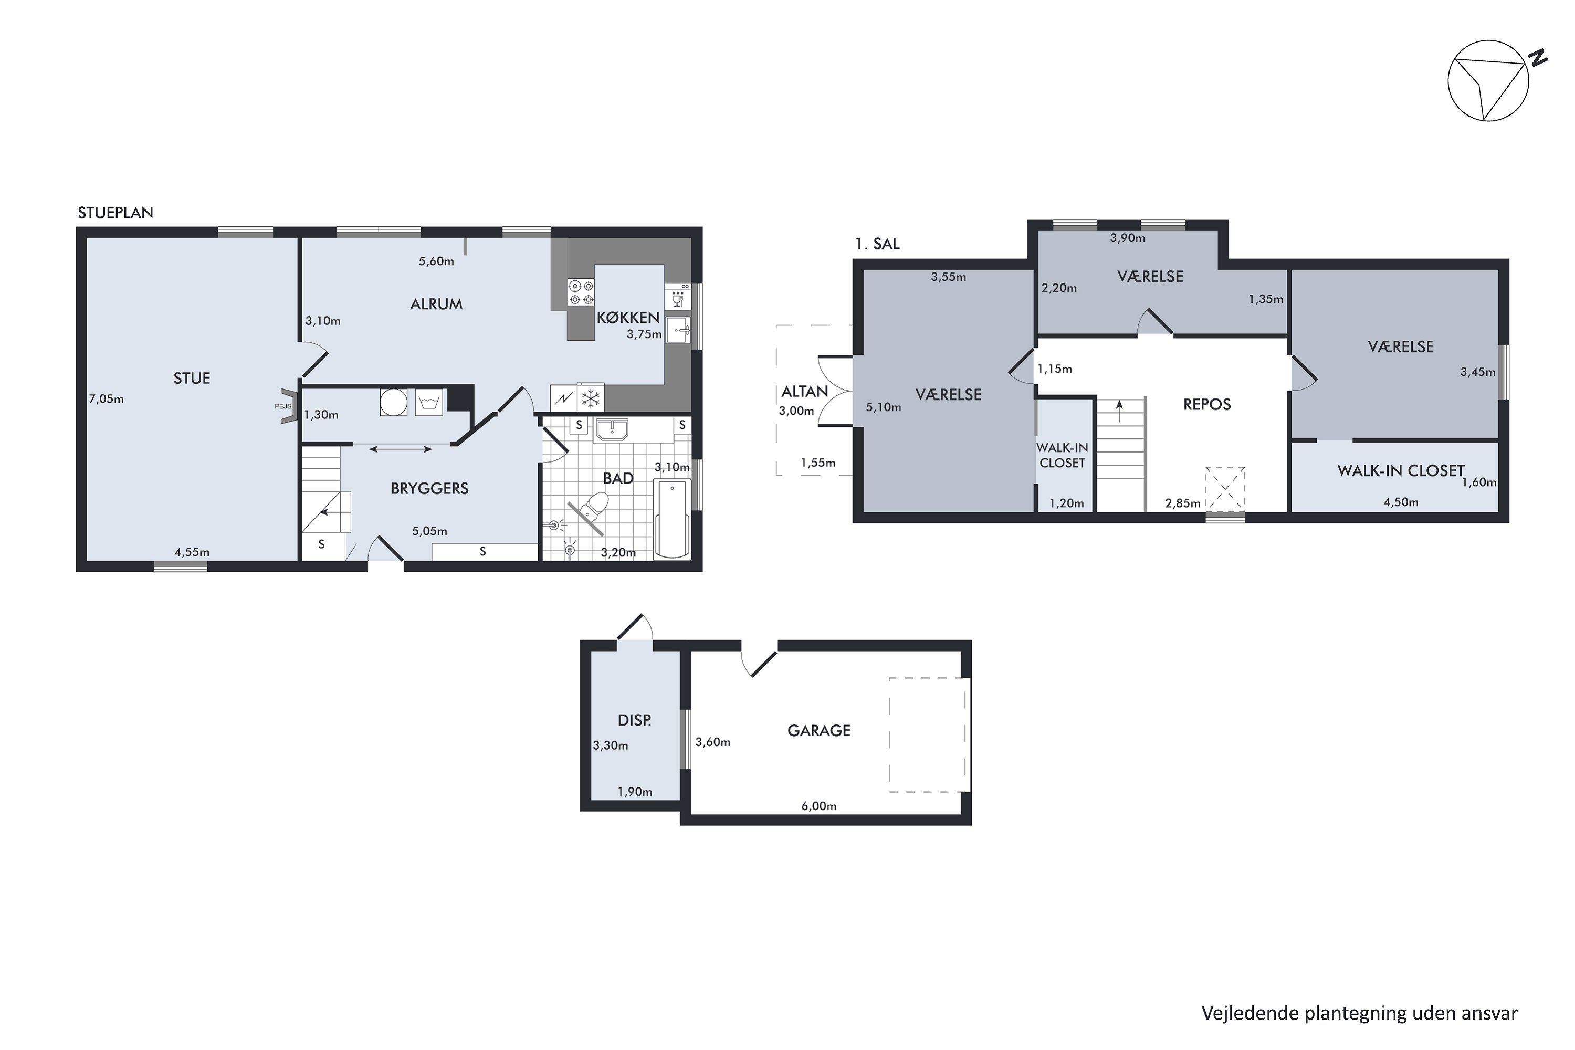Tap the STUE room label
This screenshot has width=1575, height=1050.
[192, 379]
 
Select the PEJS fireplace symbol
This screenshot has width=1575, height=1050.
[288, 406]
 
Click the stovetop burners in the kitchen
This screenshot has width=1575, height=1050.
[581, 292]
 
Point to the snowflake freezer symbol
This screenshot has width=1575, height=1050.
[590, 399]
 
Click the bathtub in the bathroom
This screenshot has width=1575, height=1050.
[671, 518]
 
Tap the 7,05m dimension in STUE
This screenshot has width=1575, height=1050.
[107, 399]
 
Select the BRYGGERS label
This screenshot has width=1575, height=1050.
[429, 488]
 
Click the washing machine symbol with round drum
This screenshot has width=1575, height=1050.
[394, 402]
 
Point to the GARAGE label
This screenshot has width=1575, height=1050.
[818, 731]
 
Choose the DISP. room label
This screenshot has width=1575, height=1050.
[634, 720]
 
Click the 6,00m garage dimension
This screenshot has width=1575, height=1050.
[818, 806]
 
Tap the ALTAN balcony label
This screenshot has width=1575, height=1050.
[804, 391]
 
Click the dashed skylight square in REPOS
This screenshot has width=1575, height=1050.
[1225, 489]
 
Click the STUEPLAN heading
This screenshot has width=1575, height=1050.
[115, 213]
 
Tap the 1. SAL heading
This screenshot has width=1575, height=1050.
[877, 244]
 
